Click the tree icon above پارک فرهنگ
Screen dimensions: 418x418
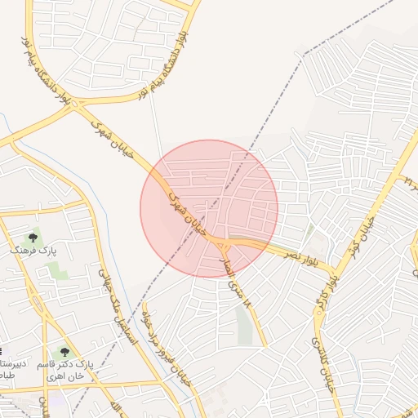[33, 238]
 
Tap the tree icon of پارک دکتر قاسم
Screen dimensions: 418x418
[64, 352]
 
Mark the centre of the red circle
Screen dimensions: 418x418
[209, 209]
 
